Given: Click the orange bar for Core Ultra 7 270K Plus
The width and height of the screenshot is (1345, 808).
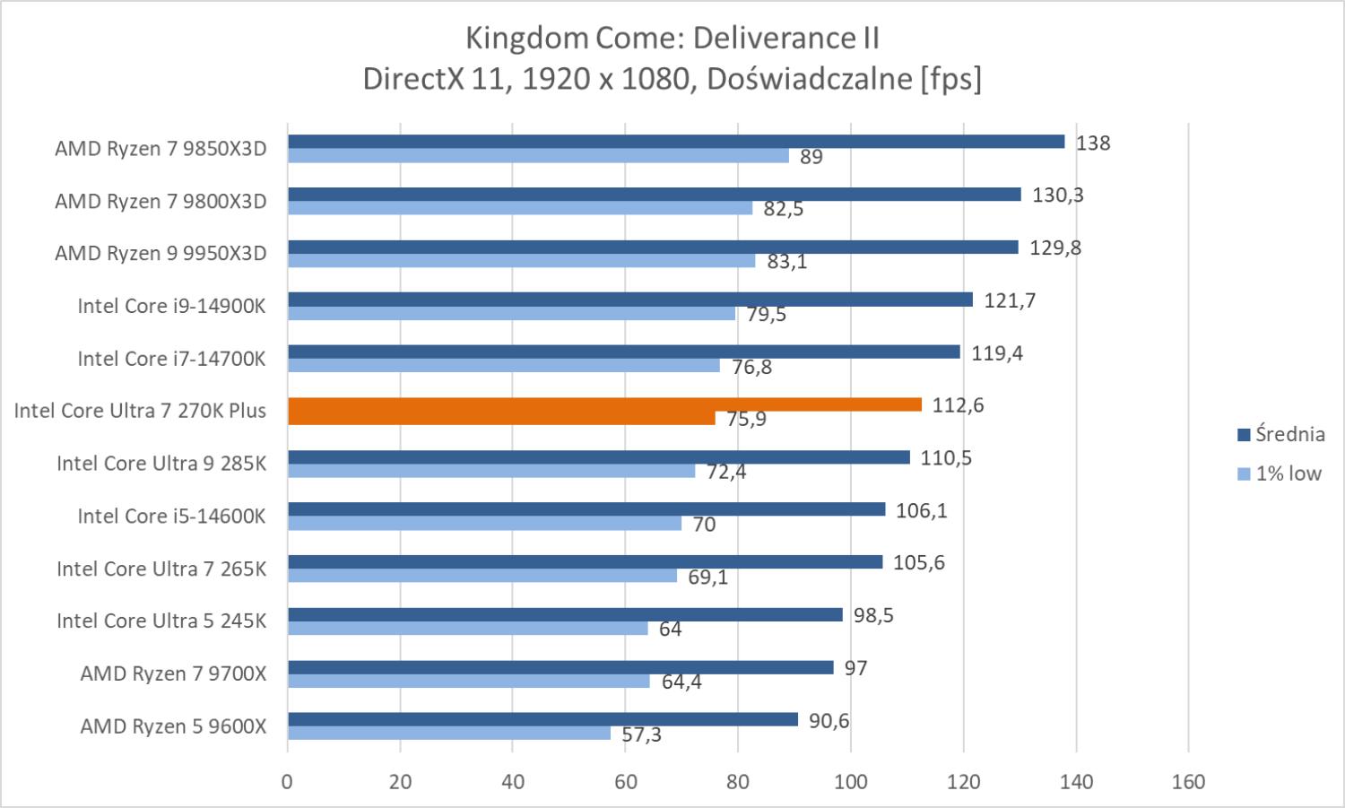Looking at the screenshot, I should (604, 404).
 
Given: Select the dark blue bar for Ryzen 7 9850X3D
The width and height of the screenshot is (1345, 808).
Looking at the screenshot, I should (676, 142).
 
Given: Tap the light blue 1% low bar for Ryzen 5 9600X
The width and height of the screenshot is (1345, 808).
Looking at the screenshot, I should (448, 734).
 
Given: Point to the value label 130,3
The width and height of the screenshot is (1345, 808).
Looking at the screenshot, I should (1057, 195).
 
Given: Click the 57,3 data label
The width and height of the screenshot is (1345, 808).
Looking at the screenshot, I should (641, 734).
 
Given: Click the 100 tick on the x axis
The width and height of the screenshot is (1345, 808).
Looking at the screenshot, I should (850, 782).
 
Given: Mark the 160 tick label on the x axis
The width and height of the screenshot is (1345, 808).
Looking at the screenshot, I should (1188, 782).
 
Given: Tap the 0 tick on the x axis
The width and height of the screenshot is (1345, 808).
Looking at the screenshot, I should (287, 782).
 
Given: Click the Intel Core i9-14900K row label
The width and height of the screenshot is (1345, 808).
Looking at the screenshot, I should (171, 306).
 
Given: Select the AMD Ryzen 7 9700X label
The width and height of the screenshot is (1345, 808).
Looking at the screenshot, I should (173, 673).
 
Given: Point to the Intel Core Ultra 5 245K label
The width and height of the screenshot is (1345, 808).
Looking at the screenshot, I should (161, 621).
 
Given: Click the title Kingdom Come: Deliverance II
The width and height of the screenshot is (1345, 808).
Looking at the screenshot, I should (672, 39).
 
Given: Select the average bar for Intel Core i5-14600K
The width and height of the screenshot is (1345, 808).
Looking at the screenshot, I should (586, 509).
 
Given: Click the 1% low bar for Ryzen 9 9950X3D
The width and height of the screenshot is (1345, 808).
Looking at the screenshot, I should (521, 261).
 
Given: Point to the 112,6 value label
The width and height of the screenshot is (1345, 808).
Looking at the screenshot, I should (958, 405).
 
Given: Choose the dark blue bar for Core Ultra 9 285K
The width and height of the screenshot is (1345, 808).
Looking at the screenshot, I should (598, 457).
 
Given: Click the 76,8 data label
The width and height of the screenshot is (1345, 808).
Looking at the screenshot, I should (751, 367).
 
